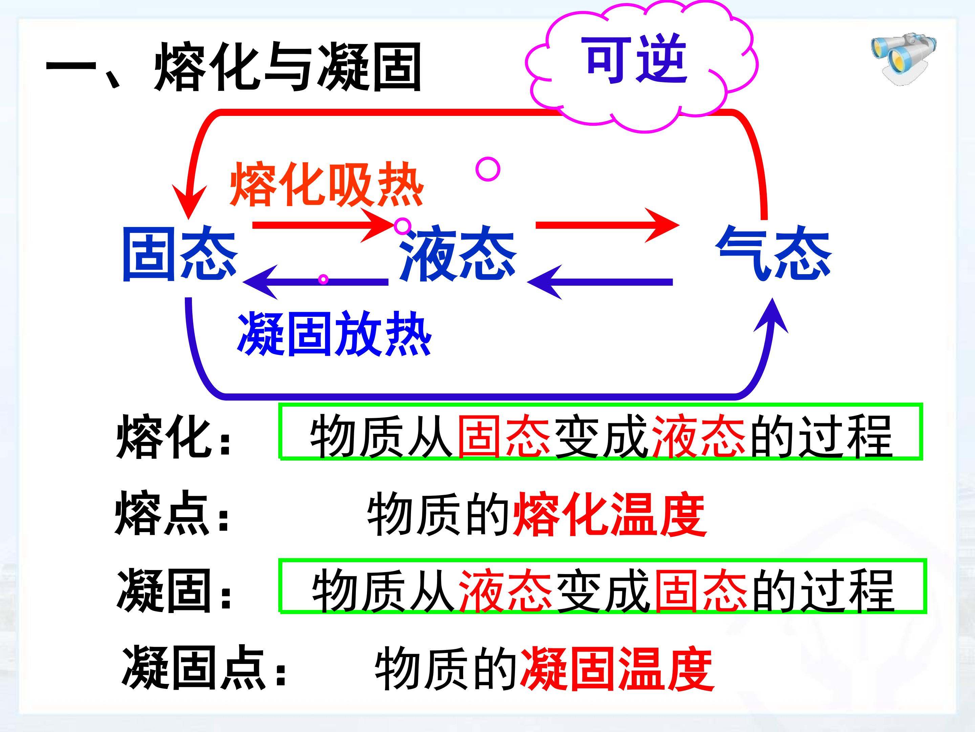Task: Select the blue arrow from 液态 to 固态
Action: (315, 282)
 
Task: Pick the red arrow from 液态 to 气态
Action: (607, 225)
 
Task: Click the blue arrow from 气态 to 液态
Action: (600, 282)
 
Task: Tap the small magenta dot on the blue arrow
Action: (324, 279)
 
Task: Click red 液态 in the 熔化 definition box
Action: (699, 436)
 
